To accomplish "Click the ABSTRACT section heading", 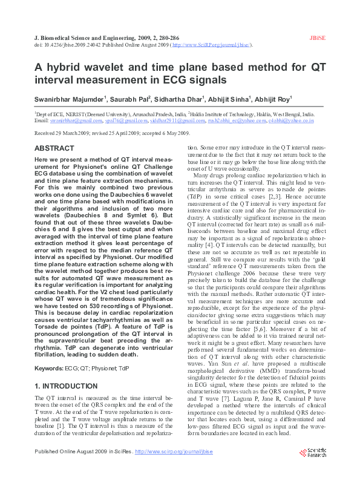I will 54,148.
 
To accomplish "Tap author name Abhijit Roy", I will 273,99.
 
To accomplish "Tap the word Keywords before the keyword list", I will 48,351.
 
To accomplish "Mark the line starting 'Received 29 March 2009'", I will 112,133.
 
